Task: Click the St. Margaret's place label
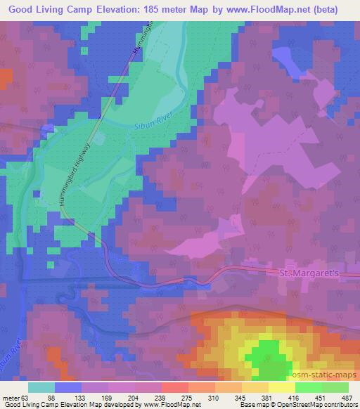pyautogui.click(x=310, y=272)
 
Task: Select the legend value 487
pyautogui.click(x=347, y=398)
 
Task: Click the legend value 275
pyautogui.click(x=188, y=398)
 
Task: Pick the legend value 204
pyautogui.click(x=134, y=398)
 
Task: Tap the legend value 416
pyautogui.click(x=294, y=398)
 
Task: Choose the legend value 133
pyautogui.click(x=82, y=398)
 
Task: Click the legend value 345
pyautogui.click(x=241, y=398)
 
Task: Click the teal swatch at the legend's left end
pyautogui.click(x=41, y=387)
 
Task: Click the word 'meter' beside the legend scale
pyautogui.click(x=9, y=398)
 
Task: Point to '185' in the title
pyautogui.click(x=151, y=10)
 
